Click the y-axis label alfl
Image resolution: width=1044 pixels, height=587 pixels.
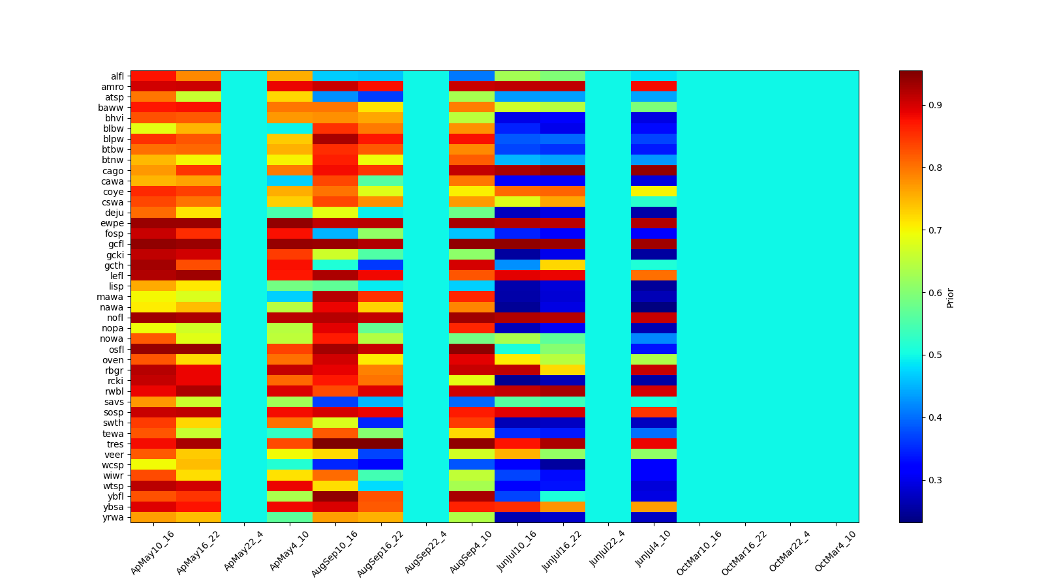tap(117, 76)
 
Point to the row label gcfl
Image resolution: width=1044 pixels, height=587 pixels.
tap(116, 244)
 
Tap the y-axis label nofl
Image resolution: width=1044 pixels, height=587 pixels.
tap(116, 318)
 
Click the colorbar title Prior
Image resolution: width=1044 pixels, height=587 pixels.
tap(950, 297)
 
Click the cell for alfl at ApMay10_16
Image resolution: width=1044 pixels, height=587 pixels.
tap(153, 76)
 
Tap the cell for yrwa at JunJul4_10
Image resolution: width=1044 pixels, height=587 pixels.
tap(654, 517)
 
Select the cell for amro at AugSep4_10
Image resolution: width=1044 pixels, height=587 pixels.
tap(472, 87)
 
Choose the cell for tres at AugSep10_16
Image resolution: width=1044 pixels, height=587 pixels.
tap(335, 444)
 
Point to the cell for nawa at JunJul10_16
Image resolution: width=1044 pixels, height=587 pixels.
tap(517, 307)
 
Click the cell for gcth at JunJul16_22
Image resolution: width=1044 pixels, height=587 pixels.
tap(562, 265)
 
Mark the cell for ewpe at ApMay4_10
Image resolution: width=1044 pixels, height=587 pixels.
tap(290, 223)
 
